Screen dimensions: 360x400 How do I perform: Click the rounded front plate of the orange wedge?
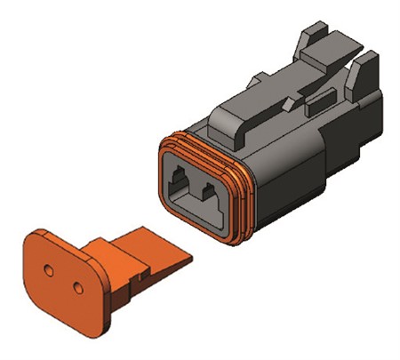point(62,283)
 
